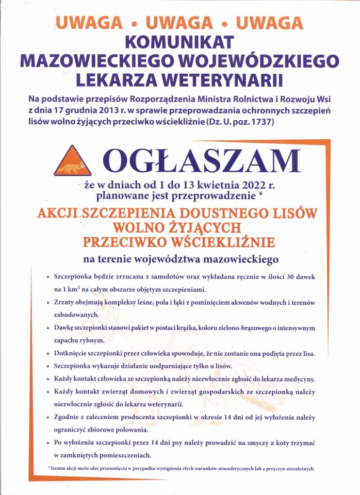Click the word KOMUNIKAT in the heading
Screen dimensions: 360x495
180,42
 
